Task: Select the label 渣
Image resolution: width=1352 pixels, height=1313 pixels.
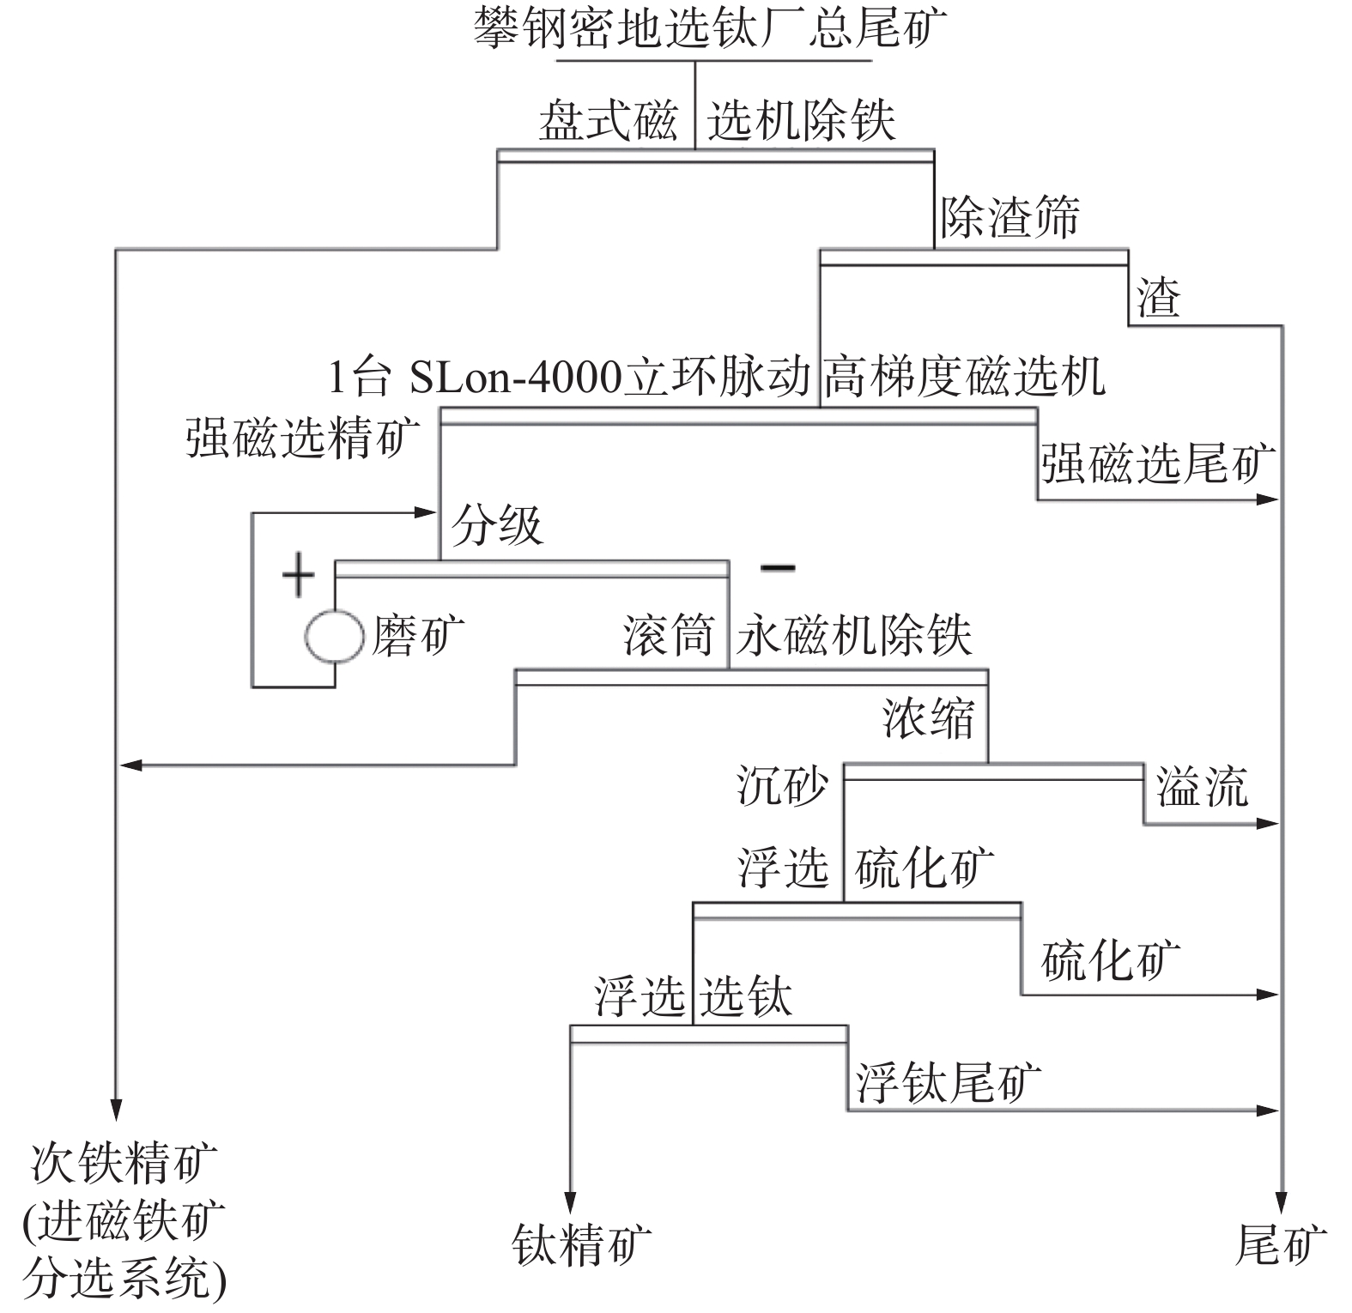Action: (1159, 298)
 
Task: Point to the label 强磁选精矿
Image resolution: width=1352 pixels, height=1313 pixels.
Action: (302, 438)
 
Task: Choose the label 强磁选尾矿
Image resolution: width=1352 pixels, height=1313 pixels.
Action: (1158, 463)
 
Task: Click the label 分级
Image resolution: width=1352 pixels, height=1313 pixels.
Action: (497, 524)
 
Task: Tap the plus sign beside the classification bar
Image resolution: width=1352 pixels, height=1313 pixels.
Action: (298, 574)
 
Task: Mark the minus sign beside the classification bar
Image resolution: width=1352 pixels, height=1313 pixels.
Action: (778, 567)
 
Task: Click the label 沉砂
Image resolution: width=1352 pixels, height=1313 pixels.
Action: (782, 784)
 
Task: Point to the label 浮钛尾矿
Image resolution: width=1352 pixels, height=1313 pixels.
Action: (948, 1081)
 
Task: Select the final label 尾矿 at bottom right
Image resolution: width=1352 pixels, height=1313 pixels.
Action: (1281, 1244)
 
